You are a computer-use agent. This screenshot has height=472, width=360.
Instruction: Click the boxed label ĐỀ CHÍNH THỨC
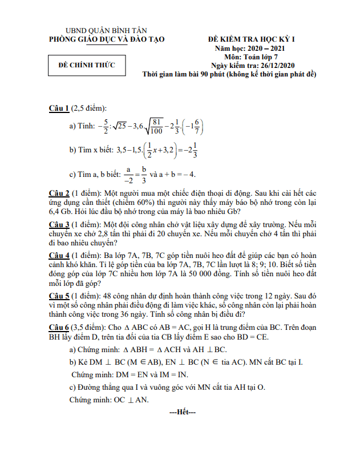pos(87,65)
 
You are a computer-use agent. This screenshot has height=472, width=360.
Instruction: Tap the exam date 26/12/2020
pos(272,66)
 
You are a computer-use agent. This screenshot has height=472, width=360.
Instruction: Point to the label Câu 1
pos(59,108)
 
